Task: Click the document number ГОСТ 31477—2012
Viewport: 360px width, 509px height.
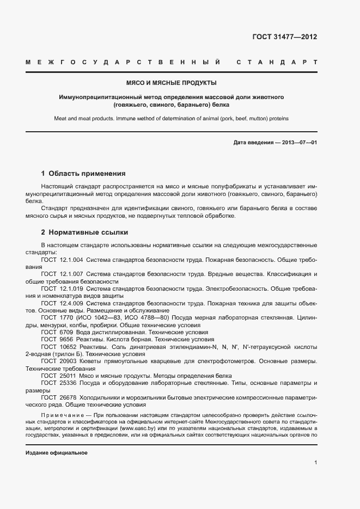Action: tap(285, 37)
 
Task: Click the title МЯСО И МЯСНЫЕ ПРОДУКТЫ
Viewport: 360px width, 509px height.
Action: tap(172, 83)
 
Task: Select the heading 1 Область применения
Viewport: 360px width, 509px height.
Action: tap(83, 174)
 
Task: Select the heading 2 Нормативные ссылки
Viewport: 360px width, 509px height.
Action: tap(84, 232)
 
